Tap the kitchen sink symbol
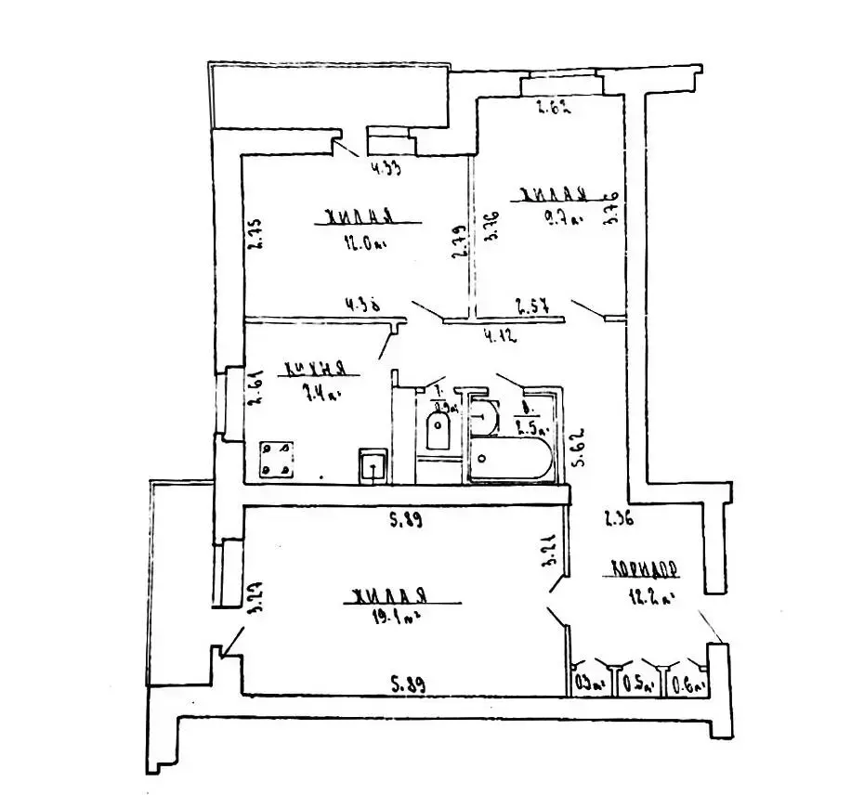pyautogui.click(x=373, y=463)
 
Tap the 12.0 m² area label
pyautogui.click(x=363, y=244)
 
